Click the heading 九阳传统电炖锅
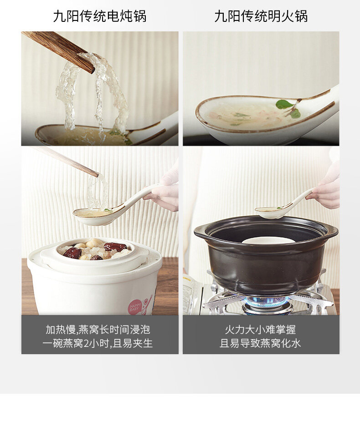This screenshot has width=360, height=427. click(100, 16)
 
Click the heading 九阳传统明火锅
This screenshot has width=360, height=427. click(261, 16)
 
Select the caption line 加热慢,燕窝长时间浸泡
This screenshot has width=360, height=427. click(98, 330)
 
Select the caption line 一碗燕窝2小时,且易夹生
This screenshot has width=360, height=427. click(97, 343)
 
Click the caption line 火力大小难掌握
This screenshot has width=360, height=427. click(260, 330)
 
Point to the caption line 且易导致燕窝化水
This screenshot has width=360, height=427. click(260, 343)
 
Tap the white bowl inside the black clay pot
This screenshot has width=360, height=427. click(268, 240)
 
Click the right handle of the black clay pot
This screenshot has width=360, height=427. click(332, 234)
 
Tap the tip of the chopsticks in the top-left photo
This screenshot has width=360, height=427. click(92, 70)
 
